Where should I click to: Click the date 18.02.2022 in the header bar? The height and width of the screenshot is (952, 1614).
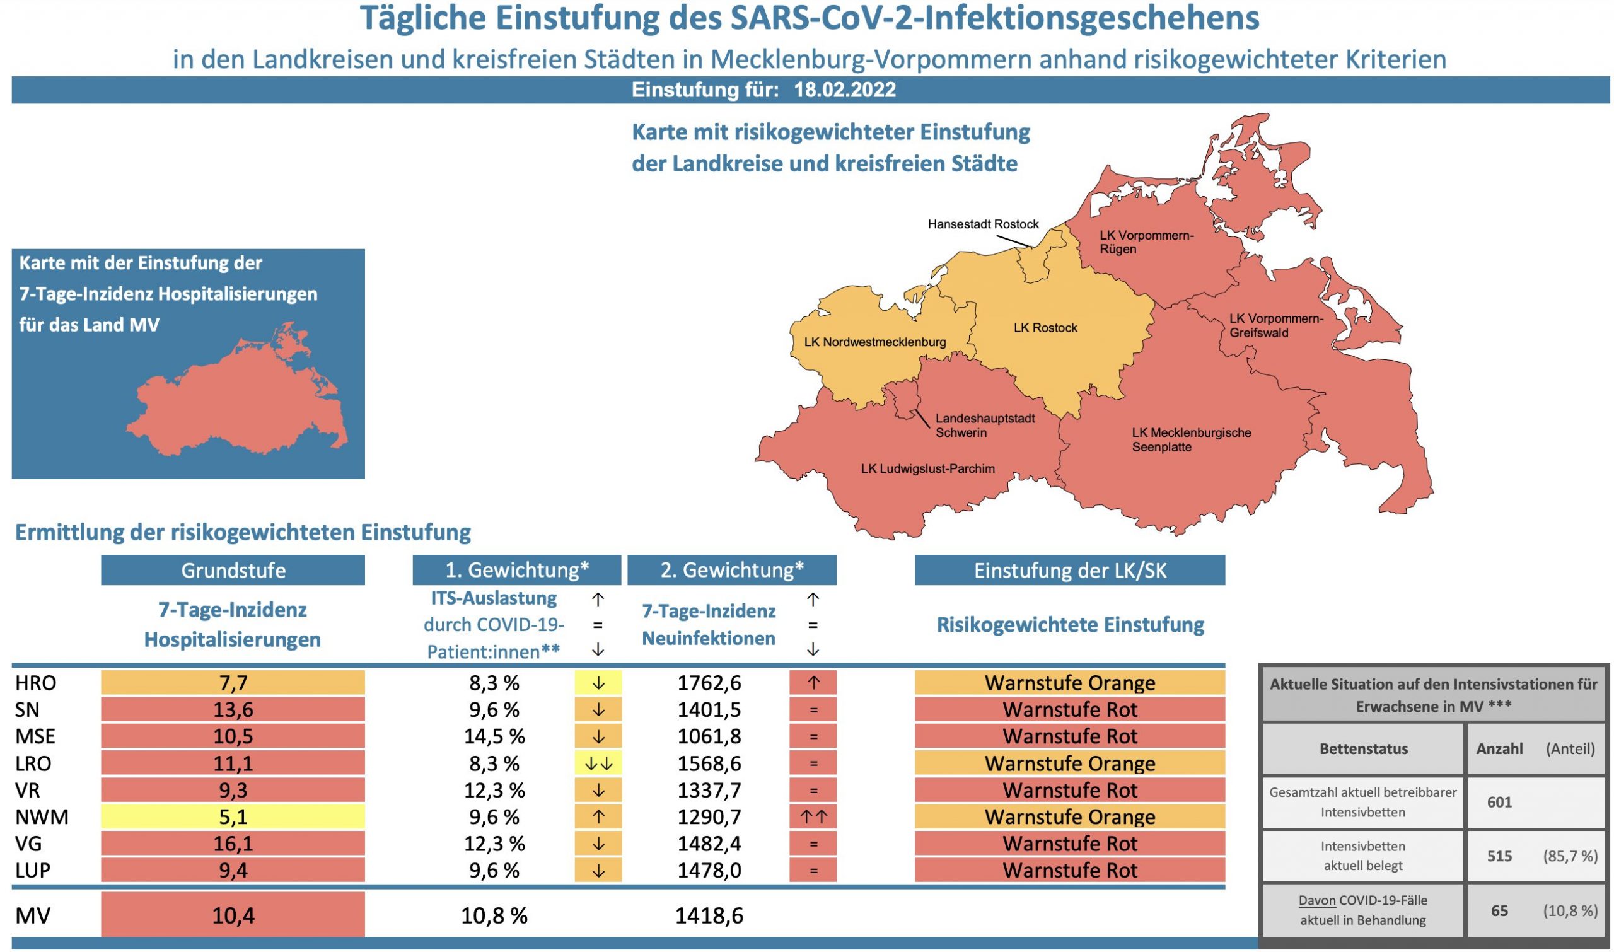[x=844, y=90]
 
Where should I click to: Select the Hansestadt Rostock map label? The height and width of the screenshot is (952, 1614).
[x=983, y=224]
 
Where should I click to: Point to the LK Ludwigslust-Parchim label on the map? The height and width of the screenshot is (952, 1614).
[x=927, y=469]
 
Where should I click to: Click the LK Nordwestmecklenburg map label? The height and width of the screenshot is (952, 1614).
[x=874, y=342]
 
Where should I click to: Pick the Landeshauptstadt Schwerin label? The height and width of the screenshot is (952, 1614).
[x=985, y=426]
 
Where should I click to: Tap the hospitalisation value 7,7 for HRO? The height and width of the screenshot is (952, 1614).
[x=233, y=683]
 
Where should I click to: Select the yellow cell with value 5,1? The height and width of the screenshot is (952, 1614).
[x=233, y=816]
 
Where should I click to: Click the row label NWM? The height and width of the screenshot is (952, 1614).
[x=41, y=816]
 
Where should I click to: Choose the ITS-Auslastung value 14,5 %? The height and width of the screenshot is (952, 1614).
[x=494, y=736]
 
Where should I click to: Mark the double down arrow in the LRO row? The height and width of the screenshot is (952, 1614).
[x=598, y=763]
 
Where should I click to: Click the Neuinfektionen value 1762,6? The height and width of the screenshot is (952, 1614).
[x=709, y=683]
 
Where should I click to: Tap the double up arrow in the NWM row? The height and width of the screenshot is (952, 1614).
[x=813, y=816]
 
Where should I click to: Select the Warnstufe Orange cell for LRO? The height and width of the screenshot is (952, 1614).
[x=1069, y=763]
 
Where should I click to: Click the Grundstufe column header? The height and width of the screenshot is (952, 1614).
[x=233, y=571]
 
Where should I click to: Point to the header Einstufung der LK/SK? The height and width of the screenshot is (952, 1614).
[x=1069, y=571]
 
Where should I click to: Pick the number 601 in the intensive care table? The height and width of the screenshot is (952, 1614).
[x=1499, y=802]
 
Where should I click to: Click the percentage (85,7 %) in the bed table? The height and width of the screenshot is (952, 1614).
[x=1570, y=856]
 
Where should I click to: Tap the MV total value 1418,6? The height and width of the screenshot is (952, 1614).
[x=709, y=915]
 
